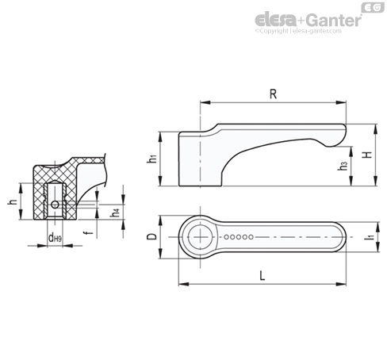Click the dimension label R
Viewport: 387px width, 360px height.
coord(273,94)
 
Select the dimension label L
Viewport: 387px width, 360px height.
coord(262,276)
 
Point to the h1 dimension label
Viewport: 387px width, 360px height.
coord(152,159)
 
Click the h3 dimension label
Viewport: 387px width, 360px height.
coord(342,165)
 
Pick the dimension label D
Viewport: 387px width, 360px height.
coord(151,236)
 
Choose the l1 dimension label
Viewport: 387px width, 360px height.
coord(371,236)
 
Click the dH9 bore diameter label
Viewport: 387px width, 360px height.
coord(55,238)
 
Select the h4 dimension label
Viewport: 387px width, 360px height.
coord(115,213)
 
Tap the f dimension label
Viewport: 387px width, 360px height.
coord(89,232)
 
